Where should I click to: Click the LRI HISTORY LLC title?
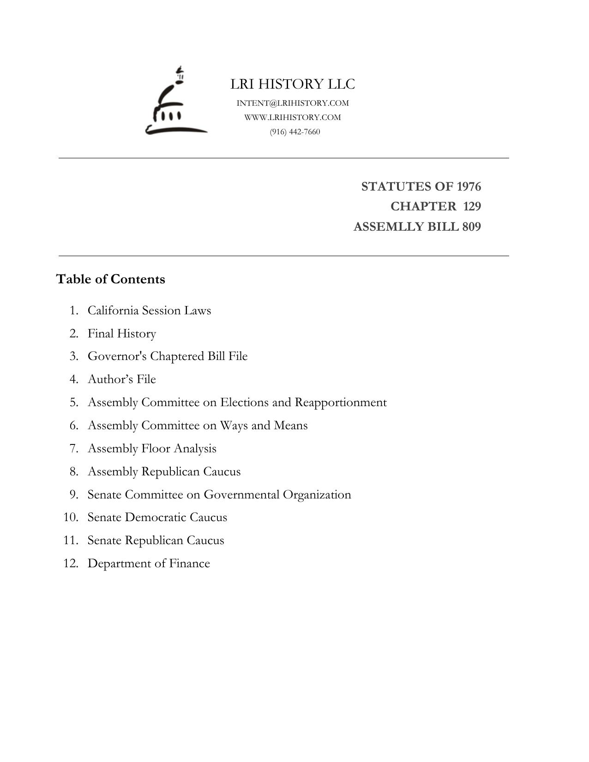point(293,84)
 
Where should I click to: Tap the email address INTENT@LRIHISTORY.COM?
point(293,103)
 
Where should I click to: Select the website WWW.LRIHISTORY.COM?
point(293,117)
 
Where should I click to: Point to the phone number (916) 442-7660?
point(295,132)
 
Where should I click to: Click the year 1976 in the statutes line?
point(469,186)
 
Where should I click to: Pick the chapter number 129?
point(472,206)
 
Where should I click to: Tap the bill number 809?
point(471,227)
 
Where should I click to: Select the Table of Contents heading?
point(110,279)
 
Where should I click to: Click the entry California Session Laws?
point(149,310)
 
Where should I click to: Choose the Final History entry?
point(122,333)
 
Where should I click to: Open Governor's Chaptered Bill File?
point(168,356)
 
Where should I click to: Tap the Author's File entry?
point(122,379)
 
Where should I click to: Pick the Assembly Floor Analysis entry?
point(152,448)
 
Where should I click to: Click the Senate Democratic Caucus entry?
point(157,517)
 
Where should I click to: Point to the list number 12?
point(71,563)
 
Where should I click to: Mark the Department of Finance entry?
point(149,563)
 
